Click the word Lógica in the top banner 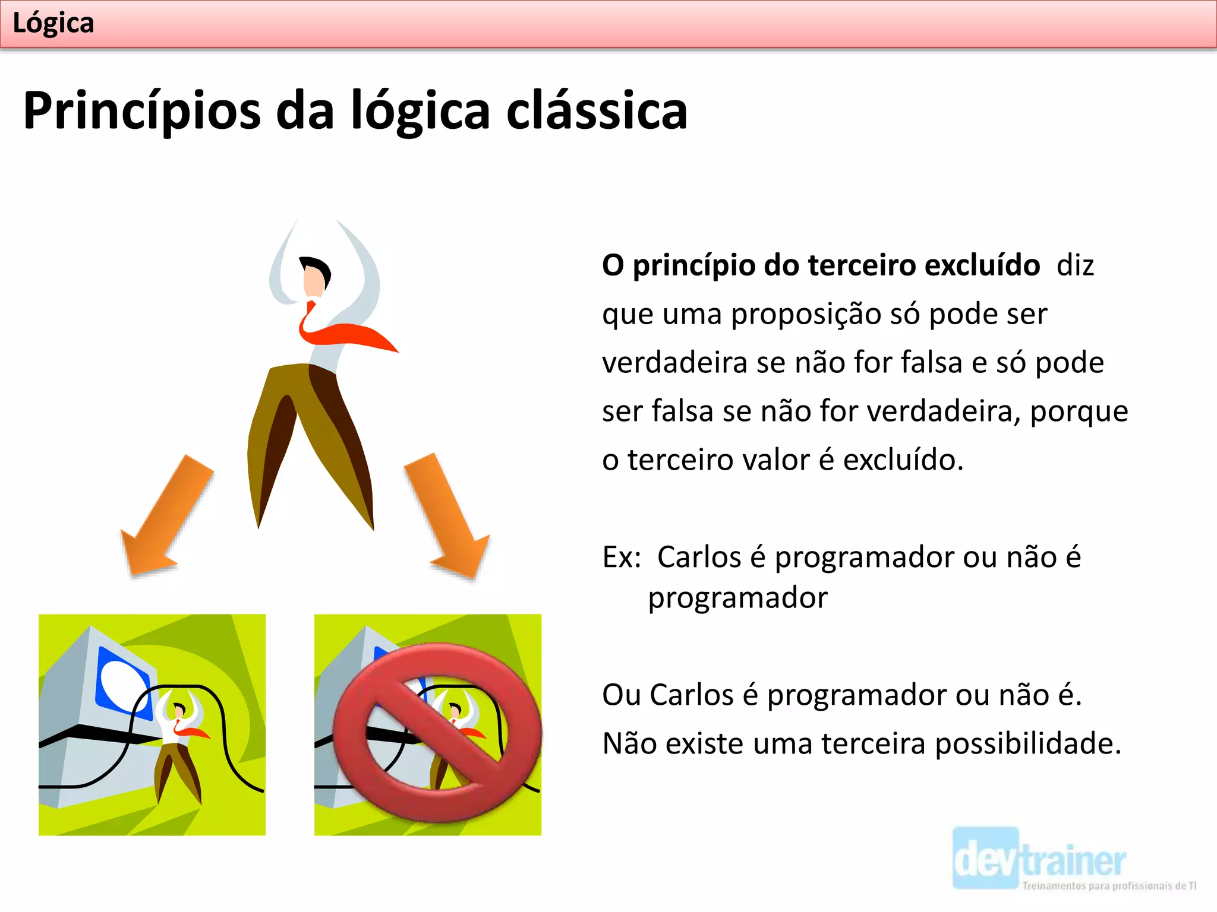tap(53, 24)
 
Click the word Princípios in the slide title tap(141, 111)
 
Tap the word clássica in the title tap(597, 111)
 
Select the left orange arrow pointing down tap(163, 517)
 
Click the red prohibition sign tap(437, 733)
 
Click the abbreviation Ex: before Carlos tap(622, 558)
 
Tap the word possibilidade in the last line tap(1027, 744)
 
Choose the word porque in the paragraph tap(1079, 411)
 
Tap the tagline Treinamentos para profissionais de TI tap(1109, 886)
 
